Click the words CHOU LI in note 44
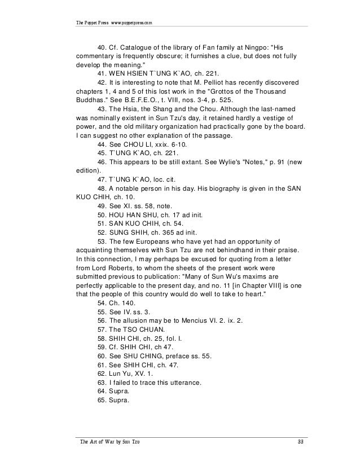coord(143,146)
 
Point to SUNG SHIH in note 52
coord(133,236)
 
